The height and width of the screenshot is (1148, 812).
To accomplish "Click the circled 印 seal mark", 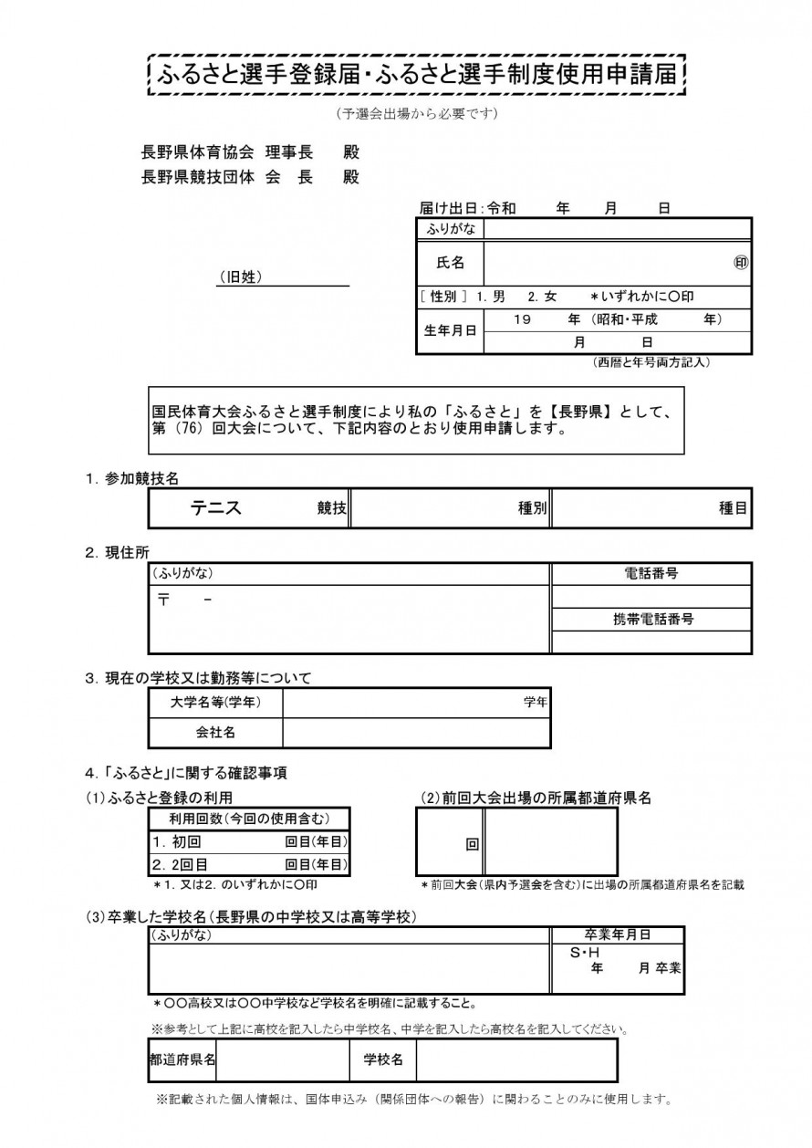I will point(741,263).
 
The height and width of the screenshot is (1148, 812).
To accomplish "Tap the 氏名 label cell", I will point(451,263).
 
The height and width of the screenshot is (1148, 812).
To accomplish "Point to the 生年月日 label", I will point(450,331).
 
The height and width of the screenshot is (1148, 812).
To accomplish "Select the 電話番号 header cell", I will point(651,574).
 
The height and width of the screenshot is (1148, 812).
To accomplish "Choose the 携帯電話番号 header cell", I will point(651,619).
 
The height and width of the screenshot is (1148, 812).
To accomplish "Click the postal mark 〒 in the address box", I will point(164,600).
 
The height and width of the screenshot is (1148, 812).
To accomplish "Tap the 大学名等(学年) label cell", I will point(215,702).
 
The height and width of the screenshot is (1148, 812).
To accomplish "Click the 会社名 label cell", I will point(215,732).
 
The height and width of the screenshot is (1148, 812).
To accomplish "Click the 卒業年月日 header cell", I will point(617,934).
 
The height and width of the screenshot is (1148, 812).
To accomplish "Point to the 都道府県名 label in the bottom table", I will point(182,1059).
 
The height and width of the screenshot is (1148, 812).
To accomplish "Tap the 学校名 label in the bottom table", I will point(383,1059).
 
